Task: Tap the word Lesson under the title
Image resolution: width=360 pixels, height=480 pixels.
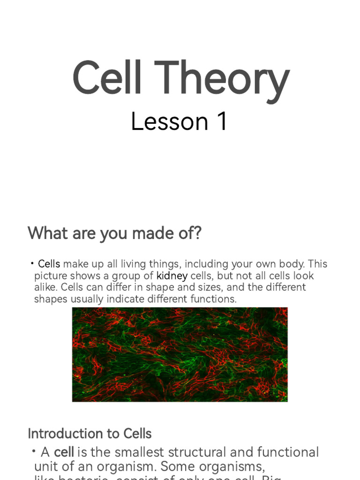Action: (x=169, y=122)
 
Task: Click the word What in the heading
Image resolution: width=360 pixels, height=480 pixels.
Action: (x=46, y=233)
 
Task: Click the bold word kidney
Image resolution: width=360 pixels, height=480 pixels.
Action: (x=172, y=276)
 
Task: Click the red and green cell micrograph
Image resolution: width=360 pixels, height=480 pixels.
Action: (x=180, y=354)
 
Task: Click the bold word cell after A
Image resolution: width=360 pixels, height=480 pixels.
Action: (x=64, y=452)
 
